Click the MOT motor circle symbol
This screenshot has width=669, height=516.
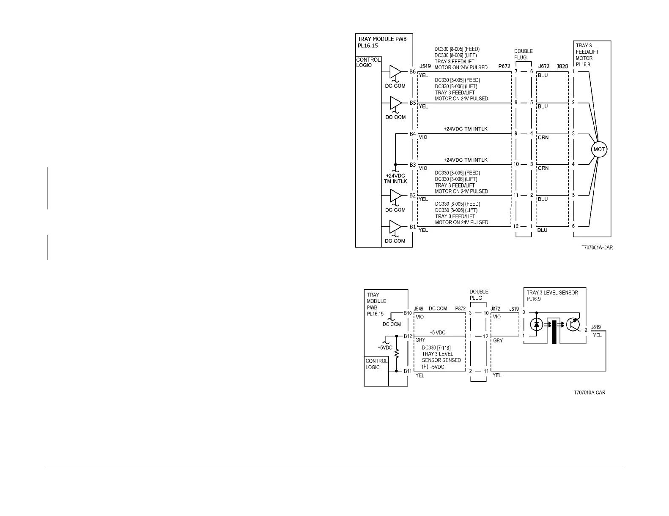pyautogui.click(x=599, y=149)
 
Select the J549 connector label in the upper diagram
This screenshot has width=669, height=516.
pyautogui.click(x=425, y=66)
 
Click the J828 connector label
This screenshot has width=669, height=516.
pyautogui.click(x=562, y=66)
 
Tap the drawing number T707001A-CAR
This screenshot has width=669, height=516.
pyautogui.click(x=597, y=248)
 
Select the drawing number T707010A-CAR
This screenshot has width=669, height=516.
pyautogui.click(x=589, y=393)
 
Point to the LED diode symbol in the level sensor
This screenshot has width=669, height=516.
pyautogui.click(x=537, y=325)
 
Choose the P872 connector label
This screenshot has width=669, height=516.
pyautogui.click(x=460, y=309)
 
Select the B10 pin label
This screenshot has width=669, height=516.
pyautogui.click(x=407, y=313)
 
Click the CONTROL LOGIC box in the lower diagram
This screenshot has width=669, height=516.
pyautogui.click(x=376, y=364)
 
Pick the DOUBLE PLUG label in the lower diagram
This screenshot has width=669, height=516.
pyautogui.click(x=479, y=295)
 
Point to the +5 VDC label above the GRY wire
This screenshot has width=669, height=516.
pyautogui.click(x=437, y=333)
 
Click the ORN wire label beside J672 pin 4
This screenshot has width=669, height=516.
pyautogui.click(x=543, y=137)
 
